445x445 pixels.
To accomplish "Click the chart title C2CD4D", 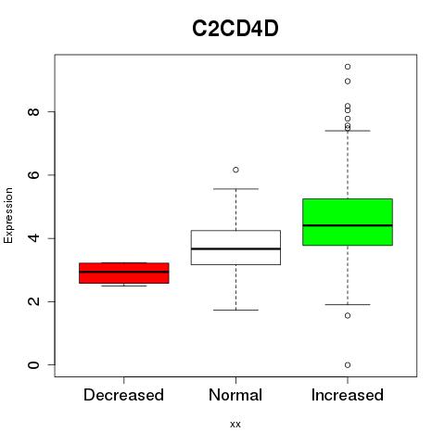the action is [x=235, y=29].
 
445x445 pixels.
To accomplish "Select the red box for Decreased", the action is [x=124, y=273].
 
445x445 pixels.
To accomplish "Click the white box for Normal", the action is [x=235, y=248].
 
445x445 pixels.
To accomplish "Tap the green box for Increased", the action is [x=348, y=222].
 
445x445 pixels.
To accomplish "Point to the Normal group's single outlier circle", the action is [x=235, y=170].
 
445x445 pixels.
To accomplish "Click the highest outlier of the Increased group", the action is [x=348, y=67].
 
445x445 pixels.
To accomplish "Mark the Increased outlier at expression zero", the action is [x=348, y=365].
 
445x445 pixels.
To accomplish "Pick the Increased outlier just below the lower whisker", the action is [x=348, y=315].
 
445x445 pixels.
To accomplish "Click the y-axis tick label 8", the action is [x=33, y=111].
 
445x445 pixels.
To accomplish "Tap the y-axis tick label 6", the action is [x=33, y=175].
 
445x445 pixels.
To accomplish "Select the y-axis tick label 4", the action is [x=33, y=238].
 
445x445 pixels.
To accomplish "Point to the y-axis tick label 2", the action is [x=33, y=301].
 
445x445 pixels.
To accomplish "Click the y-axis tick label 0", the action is [x=33, y=365].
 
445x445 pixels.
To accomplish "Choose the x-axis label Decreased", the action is [x=123, y=395].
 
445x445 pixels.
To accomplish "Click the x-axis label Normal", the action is [x=235, y=395].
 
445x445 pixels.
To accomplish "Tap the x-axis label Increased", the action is [x=348, y=395].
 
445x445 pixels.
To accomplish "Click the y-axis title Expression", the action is [x=8, y=215].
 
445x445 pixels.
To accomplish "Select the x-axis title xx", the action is [x=235, y=425].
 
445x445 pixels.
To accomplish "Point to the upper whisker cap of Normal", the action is [x=235, y=189].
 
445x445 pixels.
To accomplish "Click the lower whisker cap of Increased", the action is [x=348, y=304].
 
